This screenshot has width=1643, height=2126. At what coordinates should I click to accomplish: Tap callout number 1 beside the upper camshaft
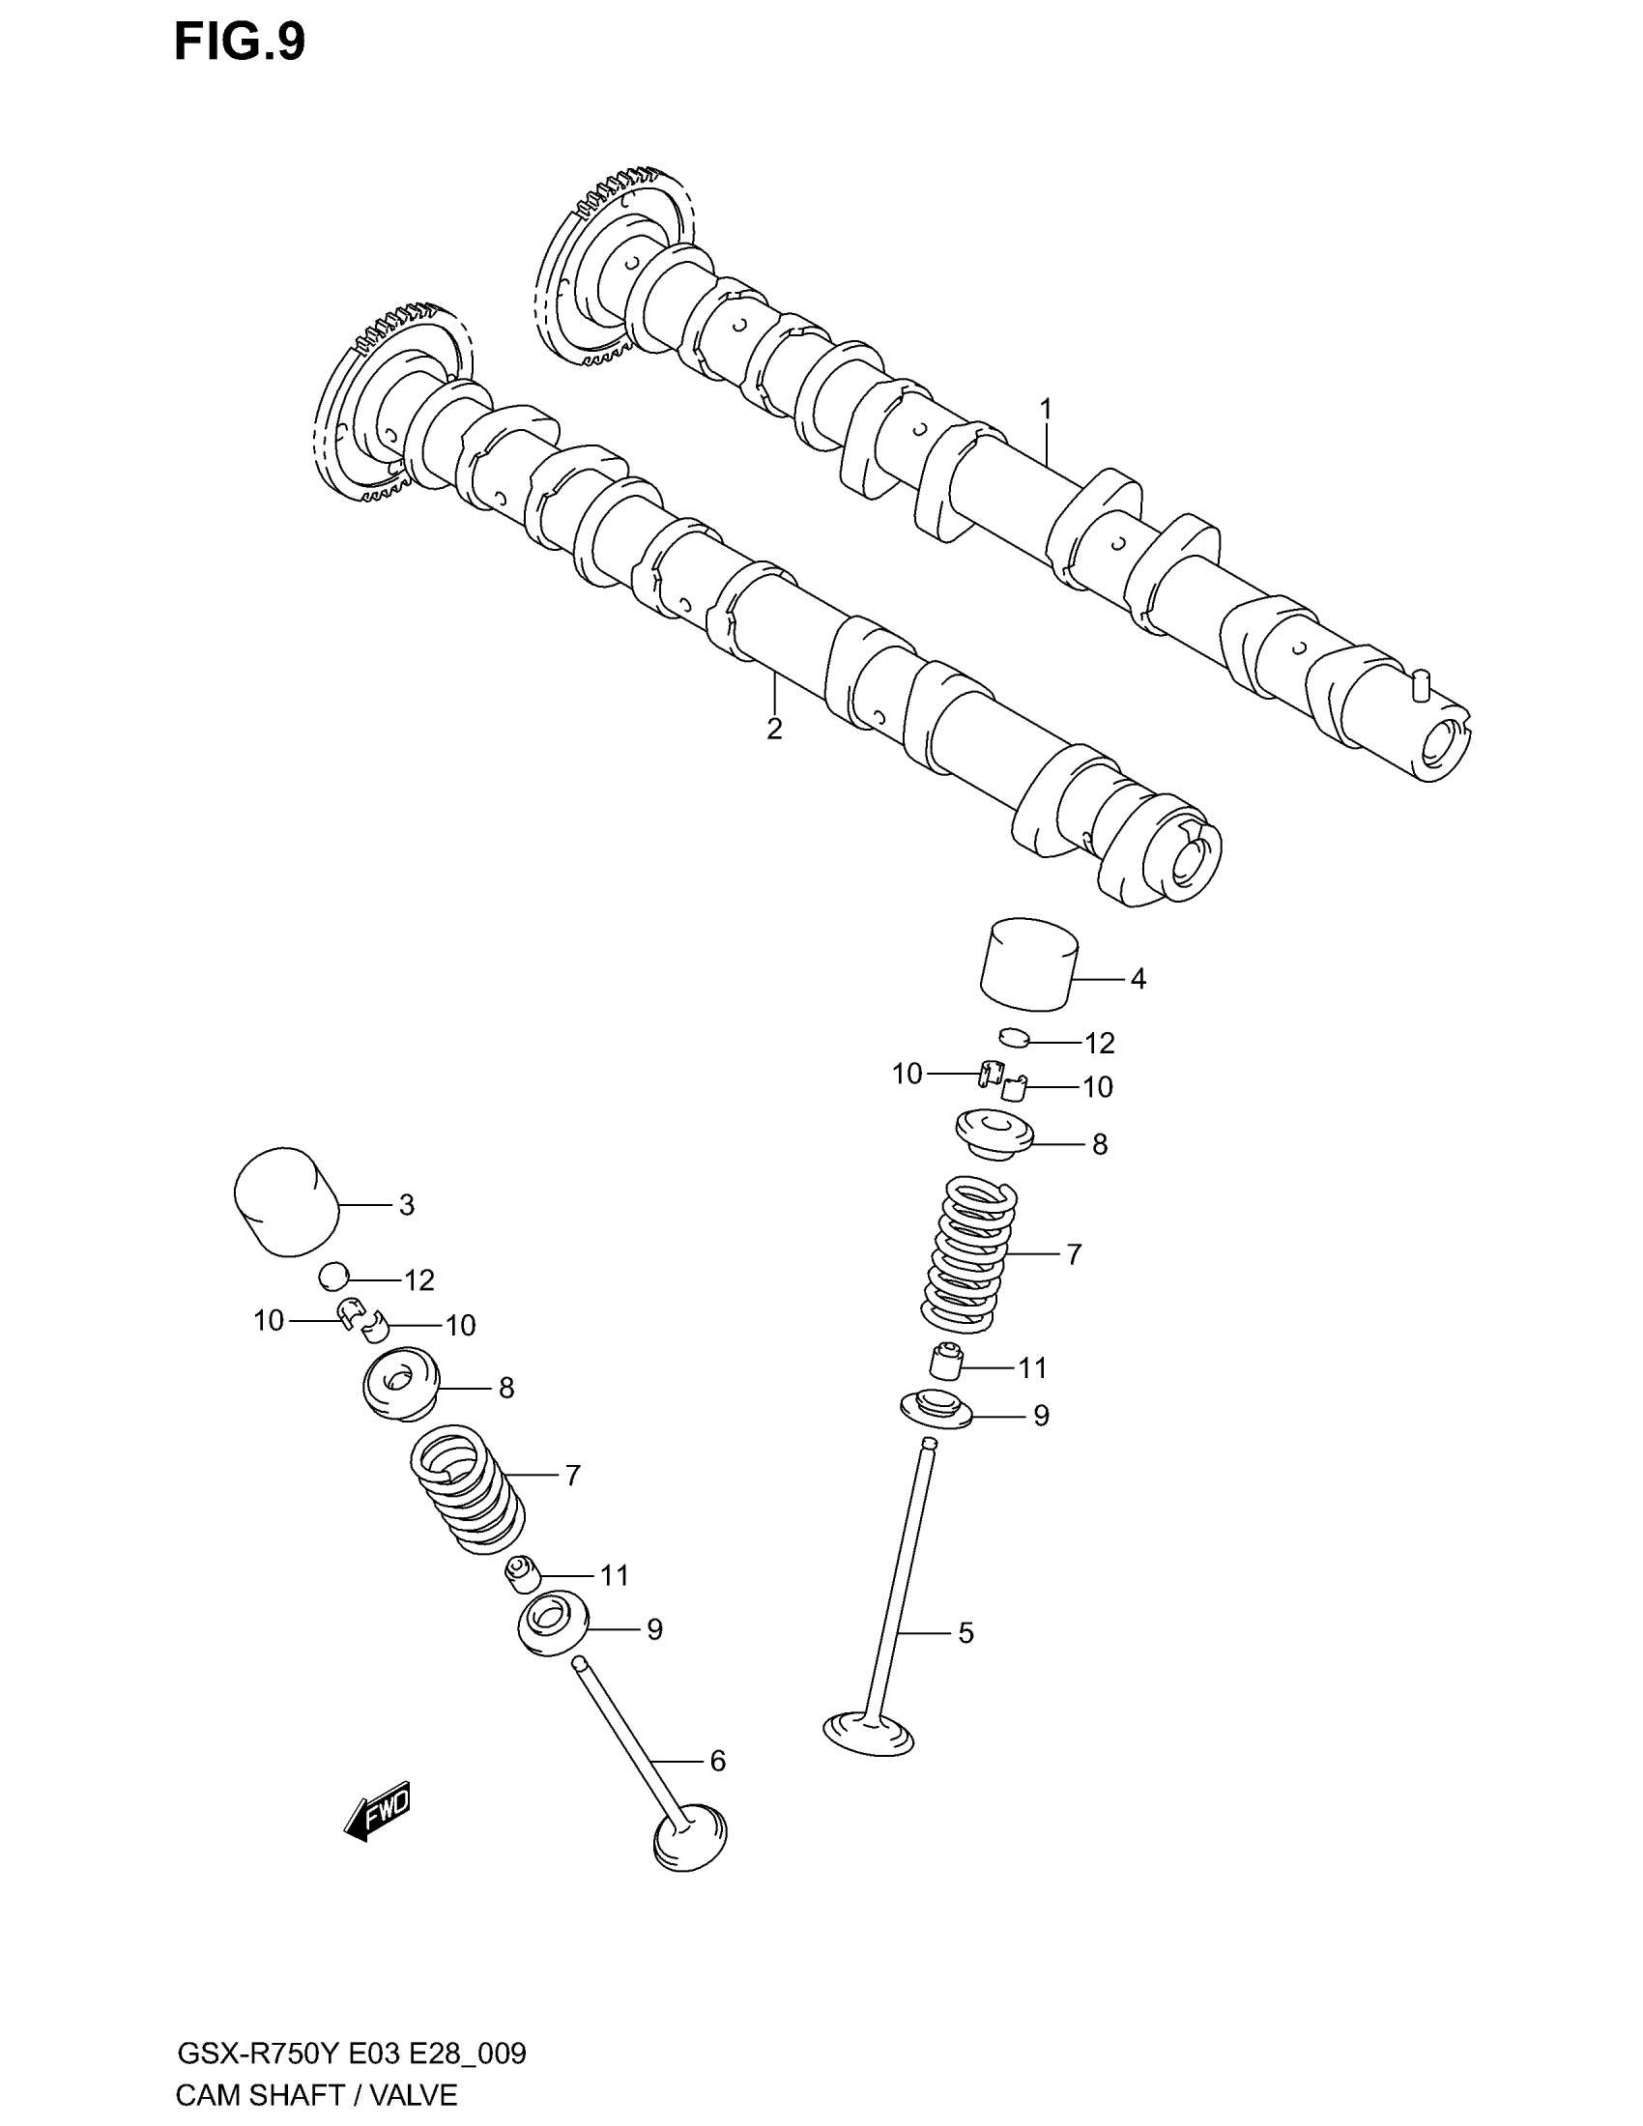coord(1046,409)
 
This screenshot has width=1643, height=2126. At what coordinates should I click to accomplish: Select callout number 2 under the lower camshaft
coord(774,729)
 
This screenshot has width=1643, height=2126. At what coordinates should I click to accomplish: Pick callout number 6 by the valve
coord(717,1760)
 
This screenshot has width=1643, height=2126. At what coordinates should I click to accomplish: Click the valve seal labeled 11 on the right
coord(945,1360)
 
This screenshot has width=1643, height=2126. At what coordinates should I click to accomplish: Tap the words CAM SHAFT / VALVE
coord(316,2094)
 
